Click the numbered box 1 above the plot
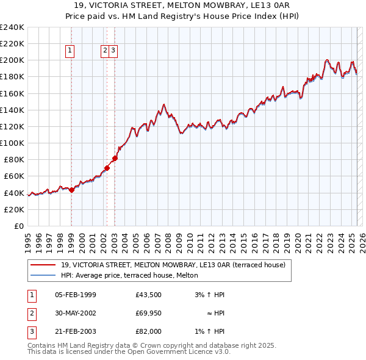click(71, 51)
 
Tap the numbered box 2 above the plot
click(106, 51)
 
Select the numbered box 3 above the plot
click(113, 51)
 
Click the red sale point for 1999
click(71, 190)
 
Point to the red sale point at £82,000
click(115, 158)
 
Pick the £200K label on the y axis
click(12, 60)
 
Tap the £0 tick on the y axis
click(19, 226)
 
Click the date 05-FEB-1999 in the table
click(76, 295)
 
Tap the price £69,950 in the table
click(149, 314)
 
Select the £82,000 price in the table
click(149, 332)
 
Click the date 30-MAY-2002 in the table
click(76, 314)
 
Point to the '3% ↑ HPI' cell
click(209, 295)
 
